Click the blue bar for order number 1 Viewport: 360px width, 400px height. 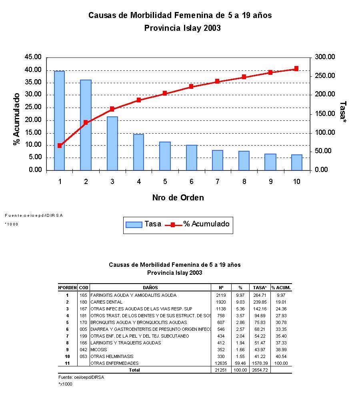(60, 120)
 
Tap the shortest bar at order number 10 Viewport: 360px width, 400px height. (296, 162)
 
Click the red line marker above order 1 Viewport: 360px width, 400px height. (60, 146)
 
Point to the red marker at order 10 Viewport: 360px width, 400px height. (296, 69)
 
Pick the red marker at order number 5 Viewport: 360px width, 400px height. (165, 93)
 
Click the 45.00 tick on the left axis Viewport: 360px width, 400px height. (33, 57)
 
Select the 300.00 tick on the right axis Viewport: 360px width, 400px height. (324, 57)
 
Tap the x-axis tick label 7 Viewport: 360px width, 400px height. (217, 182)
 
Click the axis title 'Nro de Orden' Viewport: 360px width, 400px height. (178, 198)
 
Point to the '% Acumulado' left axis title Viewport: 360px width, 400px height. (17, 120)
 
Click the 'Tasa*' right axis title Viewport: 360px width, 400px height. (343, 110)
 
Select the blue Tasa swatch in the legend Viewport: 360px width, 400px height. (134, 224)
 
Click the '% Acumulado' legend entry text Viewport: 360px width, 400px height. (206, 224)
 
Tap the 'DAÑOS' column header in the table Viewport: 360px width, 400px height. (150, 288)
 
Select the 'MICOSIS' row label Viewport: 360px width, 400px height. (99, 350)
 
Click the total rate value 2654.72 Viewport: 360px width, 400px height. (260, 370)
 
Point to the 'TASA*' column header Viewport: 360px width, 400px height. (260, 288)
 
